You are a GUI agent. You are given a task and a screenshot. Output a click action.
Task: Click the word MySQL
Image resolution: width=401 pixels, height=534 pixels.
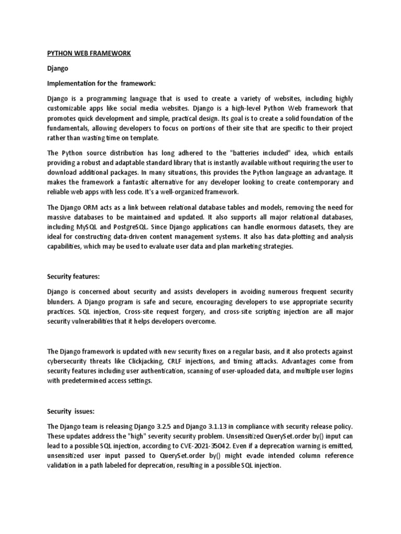pyautogui.click(x=86, y=227)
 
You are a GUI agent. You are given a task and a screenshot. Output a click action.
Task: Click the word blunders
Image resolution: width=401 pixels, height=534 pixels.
pyautogui.click(x=63, y=302)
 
